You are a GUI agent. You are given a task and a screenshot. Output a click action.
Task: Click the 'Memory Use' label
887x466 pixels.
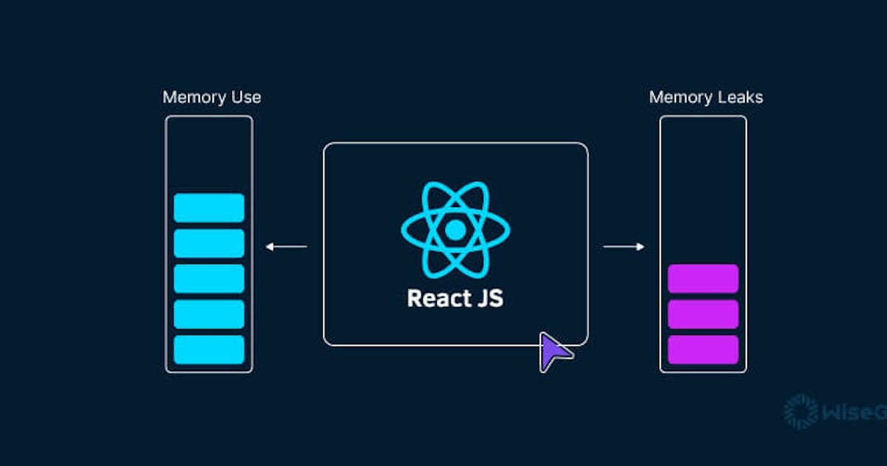[211, 98]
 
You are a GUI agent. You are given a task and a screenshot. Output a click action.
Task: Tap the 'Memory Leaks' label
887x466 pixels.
[705, 98]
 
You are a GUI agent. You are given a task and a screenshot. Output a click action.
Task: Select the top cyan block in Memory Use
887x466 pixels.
[209, 208]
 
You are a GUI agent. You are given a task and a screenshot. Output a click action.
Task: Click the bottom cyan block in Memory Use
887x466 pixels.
[209, 349]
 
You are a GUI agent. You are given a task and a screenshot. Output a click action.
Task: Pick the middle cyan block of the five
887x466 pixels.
[209, 278]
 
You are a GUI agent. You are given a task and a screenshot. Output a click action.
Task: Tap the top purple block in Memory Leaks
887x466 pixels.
[703, 278]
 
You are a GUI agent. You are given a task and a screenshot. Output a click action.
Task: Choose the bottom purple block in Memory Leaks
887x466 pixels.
[703, 349]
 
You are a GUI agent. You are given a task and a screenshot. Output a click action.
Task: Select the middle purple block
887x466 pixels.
[703, 314]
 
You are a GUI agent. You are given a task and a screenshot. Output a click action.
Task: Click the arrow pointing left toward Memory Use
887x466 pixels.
[286, 246]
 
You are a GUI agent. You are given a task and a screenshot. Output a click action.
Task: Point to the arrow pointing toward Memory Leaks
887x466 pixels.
[624, 246]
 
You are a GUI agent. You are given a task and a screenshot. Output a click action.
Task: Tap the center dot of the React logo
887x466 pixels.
[455, 231]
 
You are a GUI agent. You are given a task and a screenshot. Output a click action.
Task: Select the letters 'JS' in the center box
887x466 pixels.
[490, 299]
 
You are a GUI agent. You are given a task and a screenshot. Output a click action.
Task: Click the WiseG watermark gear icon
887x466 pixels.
[801, 412]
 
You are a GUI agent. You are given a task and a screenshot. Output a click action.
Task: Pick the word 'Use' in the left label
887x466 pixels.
[246, 98]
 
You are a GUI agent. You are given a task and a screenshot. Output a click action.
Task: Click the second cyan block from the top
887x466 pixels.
[209, 243]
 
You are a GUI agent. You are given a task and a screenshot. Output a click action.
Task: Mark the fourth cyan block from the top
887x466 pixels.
[209, 314]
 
